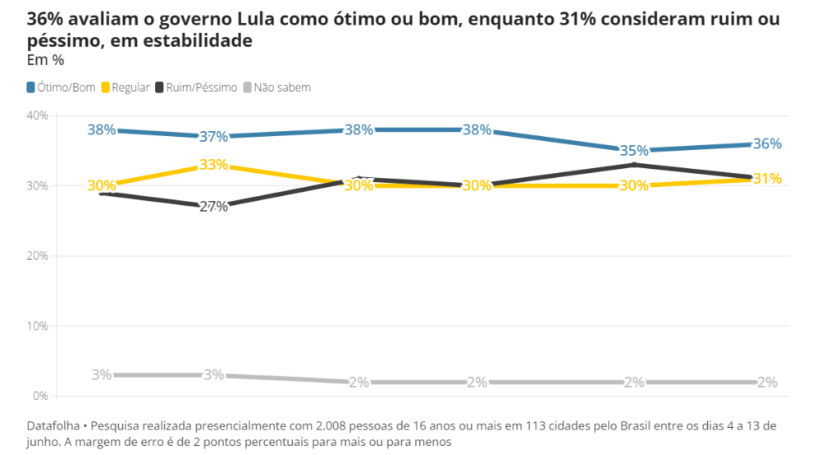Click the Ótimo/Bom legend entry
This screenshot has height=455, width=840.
tap(62, 87)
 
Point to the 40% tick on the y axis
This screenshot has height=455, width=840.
tap(39, 116)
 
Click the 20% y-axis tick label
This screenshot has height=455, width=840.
tap(39, 256)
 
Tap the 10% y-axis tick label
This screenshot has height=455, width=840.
tap(39, 326)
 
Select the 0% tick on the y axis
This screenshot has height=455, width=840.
tap(41, 396)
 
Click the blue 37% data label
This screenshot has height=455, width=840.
tap(213, 136)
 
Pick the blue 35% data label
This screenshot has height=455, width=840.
tap(635, 151)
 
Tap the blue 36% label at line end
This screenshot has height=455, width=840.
tap(767, 143)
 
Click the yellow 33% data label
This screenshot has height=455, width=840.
tap(213, 165)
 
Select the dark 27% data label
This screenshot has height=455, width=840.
tap(213, 207)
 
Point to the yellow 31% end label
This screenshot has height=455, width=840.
tap(767, 179)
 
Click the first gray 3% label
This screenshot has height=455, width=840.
tap(102, 375)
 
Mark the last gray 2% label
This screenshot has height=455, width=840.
tap(767, 382)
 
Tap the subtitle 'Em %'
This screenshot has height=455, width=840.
tap(45, 60)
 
